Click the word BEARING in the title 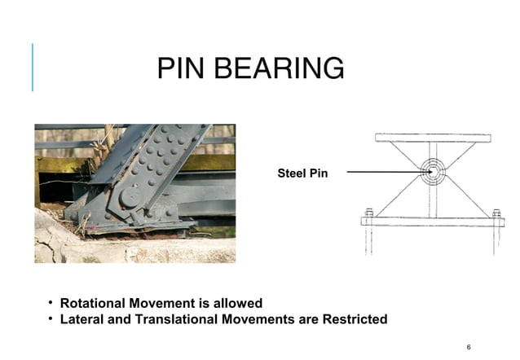coord(277,69)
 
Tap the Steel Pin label coord(302,173)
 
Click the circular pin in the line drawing coord(432,172)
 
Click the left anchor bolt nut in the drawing coord(369,213)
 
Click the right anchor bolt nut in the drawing coord(496,213)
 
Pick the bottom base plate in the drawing coord(432,221)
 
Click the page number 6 coord(469,347)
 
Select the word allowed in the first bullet coord(236,304)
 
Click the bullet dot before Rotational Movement coord(50,304)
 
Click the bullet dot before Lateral coord(50,319)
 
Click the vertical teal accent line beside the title coord(33,67)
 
